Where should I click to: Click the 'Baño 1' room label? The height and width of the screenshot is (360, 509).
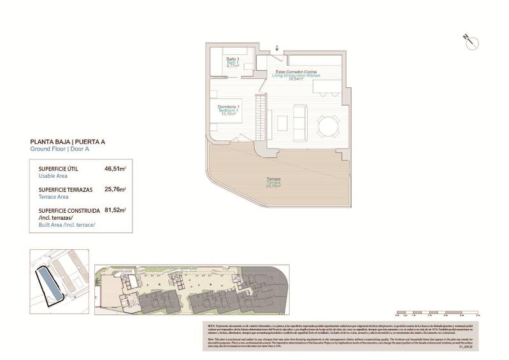click(x=233, y=59)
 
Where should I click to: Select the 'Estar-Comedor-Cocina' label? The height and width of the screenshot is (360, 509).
click(x=296, y=71)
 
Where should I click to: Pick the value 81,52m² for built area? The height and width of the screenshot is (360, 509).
click(x=115, y=209)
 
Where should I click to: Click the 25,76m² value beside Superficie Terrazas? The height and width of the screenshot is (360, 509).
click(x=115, y=189)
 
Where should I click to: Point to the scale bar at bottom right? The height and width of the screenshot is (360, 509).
click(x=436, y=313)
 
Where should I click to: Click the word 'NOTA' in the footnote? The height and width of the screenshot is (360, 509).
click(x=212, y=326)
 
